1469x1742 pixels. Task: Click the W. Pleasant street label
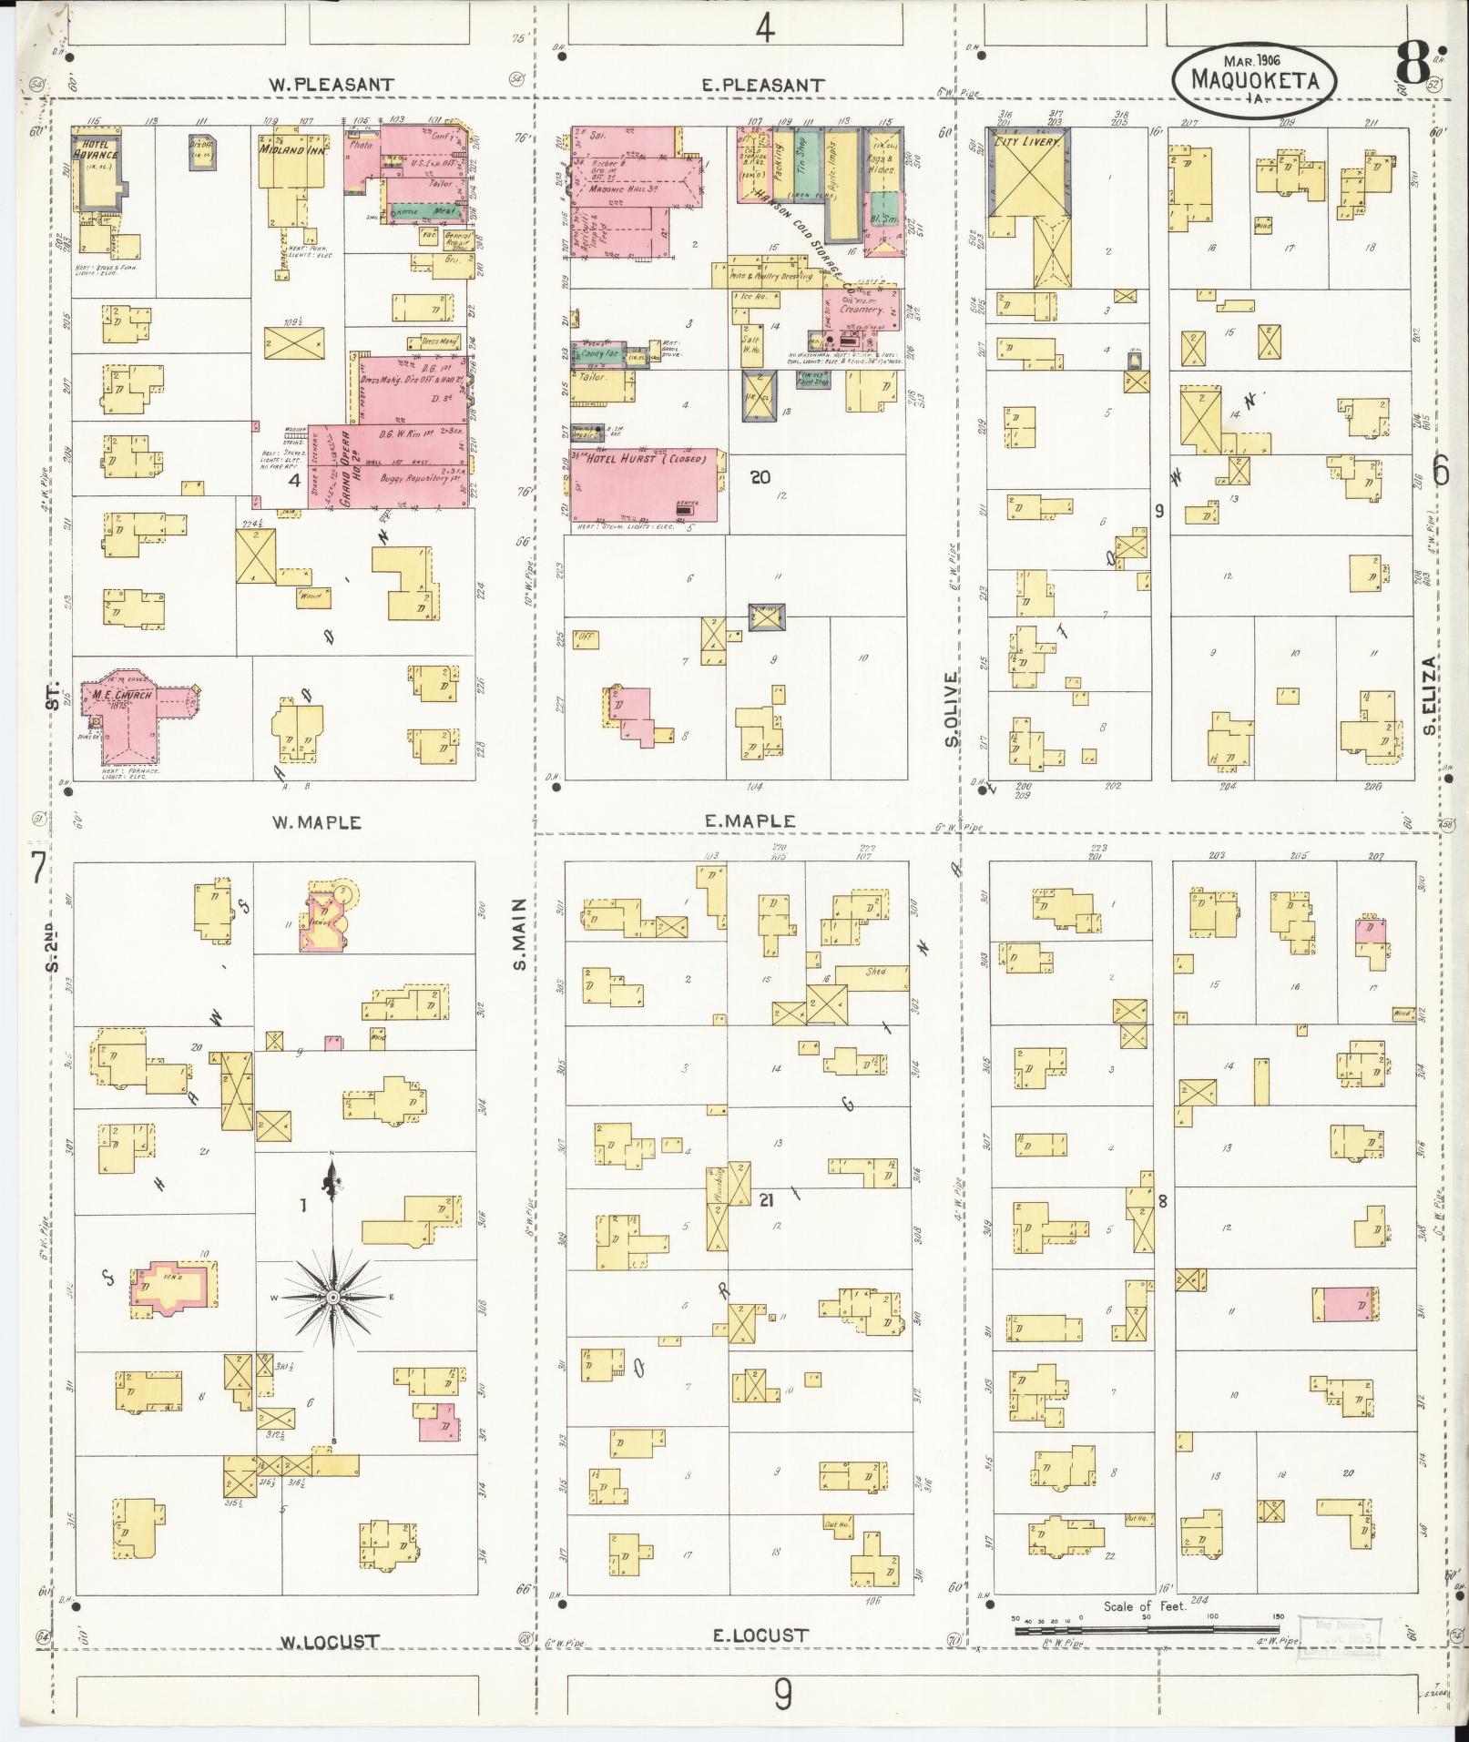click(x=331, y=85)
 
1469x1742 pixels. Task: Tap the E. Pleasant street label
click(x=763, y=86)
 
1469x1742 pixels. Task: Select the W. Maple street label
click(x=318, y=822)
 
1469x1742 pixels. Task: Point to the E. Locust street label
click(x=760, y=1635)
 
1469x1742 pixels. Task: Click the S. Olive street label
click(x=953, y=709)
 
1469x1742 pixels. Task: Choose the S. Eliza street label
click(x=1432, y=695)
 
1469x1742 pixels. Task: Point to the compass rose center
click(x=333, y=1296)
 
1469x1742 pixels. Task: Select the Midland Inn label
click(x=289, y=149)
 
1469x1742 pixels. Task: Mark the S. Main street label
click(x=521, y=933)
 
